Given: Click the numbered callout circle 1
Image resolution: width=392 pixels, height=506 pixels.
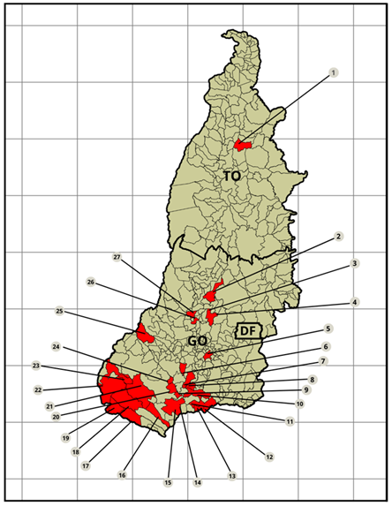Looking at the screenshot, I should point(333,72).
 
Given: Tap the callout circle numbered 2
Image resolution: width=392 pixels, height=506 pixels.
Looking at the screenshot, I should point(338,237).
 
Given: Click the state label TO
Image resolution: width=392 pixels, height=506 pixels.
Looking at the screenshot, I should point(231,177).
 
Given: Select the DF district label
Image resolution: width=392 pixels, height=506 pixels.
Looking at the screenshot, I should point(250,331).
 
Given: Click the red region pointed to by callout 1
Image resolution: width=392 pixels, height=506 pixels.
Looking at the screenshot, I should point(242,145).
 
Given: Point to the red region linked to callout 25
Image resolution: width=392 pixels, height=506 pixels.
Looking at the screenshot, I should point(144,334).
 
